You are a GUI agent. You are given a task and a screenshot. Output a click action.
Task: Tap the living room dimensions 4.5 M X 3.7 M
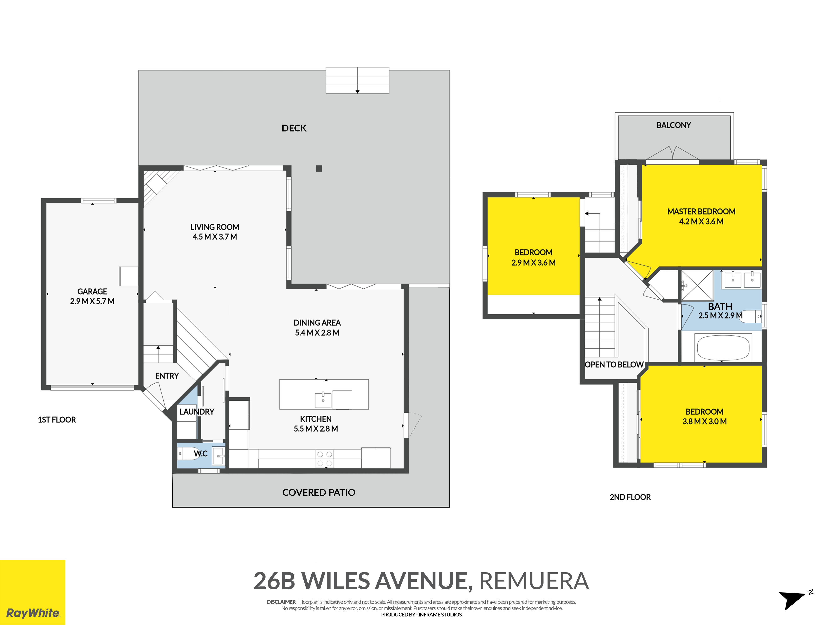coord(215,237)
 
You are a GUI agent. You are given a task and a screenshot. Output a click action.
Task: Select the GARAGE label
coord(92,291)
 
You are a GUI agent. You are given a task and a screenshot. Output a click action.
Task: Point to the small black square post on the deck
coord(319,168)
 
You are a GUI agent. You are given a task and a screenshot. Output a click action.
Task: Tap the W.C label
coord(201,454)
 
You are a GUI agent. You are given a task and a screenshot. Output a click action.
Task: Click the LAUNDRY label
coord(197,412)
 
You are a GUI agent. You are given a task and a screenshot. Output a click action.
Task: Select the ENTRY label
coord(167,376)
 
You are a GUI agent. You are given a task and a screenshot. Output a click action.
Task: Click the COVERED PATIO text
coord(319,492)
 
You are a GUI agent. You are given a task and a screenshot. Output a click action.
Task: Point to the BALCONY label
coord(674,125)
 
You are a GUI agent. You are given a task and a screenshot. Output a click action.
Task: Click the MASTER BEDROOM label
coord(701,211)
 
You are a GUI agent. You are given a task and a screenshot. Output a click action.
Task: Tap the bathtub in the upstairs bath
coord(723,347)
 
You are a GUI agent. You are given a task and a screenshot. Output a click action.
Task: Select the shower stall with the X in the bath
coord(697,285)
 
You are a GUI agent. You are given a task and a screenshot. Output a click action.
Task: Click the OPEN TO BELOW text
coord(614,365)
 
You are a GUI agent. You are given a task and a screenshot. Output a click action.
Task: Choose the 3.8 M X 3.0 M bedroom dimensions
coord(705,421)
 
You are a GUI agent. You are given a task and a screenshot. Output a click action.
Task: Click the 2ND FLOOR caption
coord(630,497)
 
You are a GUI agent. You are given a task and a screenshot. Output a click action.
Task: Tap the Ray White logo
coord(33,592)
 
